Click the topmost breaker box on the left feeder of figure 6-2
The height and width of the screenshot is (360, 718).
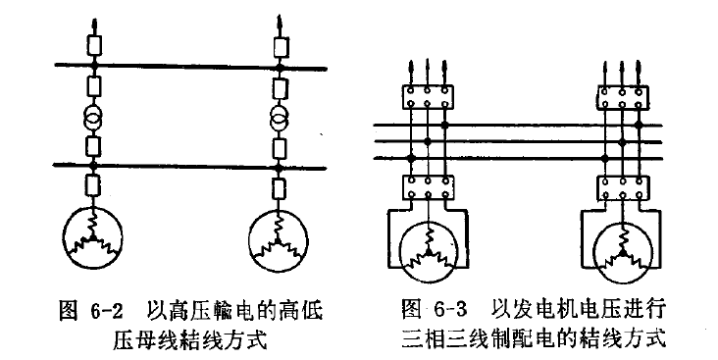94,44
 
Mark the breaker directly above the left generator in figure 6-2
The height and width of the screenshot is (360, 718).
94,186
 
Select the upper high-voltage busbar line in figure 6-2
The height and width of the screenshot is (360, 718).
186,67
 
